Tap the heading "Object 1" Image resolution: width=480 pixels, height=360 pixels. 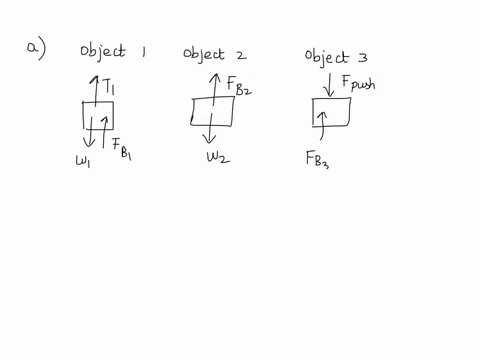tap(112, 52)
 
